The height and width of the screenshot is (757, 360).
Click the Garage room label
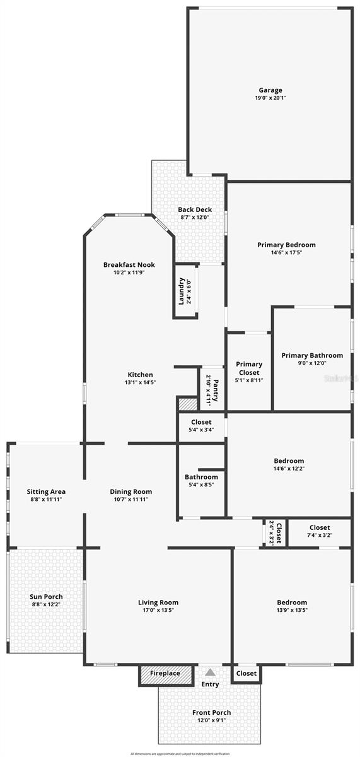coord(270,90)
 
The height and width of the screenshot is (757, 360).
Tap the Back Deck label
coord(194,209)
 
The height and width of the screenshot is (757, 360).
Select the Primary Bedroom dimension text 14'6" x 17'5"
coord(286,253)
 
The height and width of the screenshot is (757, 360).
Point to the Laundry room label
coord(181,291)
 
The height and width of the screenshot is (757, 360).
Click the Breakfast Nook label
coord(129,265)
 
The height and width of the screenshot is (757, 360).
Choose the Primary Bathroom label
coord(312,355)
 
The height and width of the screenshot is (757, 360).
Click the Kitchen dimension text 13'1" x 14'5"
coord(141,383)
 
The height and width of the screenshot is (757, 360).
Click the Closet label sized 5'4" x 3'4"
coord(200,422)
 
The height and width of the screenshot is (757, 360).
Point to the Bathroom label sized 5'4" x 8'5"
coord(201,477)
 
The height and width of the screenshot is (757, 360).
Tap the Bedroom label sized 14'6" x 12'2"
coord(289,461)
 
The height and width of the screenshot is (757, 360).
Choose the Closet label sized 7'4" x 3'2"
coord(320,527)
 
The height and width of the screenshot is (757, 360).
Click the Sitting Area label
coord(46,491)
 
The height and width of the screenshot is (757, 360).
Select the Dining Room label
coord(131,491)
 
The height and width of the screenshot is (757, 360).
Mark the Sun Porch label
coord(46,596)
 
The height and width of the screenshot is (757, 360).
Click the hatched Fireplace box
coord(160,674)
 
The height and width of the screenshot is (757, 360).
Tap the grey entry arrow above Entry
coord(210,672)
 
